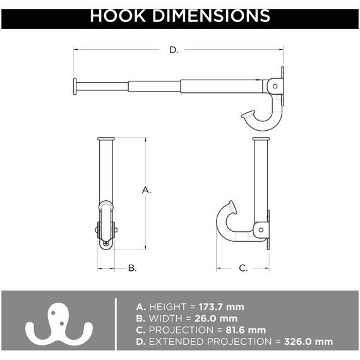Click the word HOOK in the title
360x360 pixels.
(119, 15)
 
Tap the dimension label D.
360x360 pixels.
(174, 50)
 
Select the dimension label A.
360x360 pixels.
(146, 189)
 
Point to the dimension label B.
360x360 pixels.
(132, 268)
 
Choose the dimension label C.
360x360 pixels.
(243, 268)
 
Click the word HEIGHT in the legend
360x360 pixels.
(166, 307)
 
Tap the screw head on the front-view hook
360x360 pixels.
(106, 243)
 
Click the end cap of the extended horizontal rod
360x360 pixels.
(75, 86)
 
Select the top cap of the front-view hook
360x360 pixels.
(105, 139)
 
